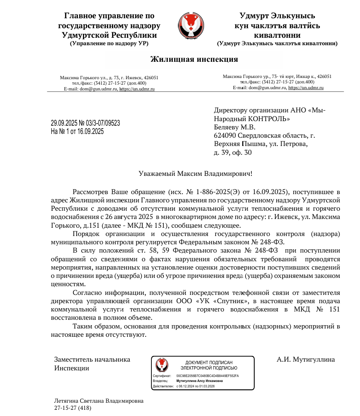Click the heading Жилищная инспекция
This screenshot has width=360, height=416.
[x=194, y=59]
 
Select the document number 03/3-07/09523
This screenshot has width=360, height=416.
[x=102, y=123]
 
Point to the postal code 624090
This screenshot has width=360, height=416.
[x=225, y=135]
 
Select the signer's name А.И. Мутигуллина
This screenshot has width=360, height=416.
[x=306, y=360]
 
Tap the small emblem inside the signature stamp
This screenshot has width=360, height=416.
[x=162, y=365]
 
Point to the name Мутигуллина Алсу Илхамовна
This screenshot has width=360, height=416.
[x=199, y=381]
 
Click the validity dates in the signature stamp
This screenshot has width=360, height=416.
[x=195, y=386]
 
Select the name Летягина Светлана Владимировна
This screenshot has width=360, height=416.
[x=99, y=401]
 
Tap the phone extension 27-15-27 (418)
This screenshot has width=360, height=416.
[x=73, y=408]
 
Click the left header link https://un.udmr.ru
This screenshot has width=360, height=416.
[x=137, y=89]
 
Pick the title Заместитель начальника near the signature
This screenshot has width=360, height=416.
[x=92, y=360]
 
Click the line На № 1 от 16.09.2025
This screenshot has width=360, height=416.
[x=77, y=131]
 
